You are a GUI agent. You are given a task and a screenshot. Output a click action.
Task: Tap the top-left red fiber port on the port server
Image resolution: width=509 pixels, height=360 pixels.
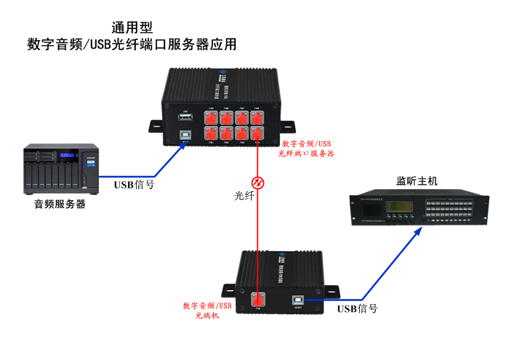(211, 116)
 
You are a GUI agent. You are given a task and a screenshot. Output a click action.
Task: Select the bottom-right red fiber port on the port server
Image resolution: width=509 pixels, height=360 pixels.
(257, 133)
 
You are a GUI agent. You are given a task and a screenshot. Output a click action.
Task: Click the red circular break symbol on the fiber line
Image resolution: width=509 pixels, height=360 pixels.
(257, 181)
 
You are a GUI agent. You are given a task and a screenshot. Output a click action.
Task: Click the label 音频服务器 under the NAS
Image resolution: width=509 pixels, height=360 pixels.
(60, 204)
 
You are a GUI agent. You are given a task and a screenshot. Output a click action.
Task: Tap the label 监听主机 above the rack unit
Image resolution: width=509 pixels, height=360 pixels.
(417, 180)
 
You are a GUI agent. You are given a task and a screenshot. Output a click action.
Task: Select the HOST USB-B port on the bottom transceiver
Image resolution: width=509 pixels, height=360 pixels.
(297, 298)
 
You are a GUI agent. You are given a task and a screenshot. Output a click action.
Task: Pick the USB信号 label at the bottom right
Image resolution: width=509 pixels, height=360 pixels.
(357, 308)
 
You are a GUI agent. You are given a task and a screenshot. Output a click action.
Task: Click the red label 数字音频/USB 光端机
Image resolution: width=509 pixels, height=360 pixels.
(207, 311)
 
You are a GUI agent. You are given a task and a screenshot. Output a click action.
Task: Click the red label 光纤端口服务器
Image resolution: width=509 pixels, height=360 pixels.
(306, 153)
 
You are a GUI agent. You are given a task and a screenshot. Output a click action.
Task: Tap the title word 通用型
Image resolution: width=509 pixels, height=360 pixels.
(132, 28)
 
